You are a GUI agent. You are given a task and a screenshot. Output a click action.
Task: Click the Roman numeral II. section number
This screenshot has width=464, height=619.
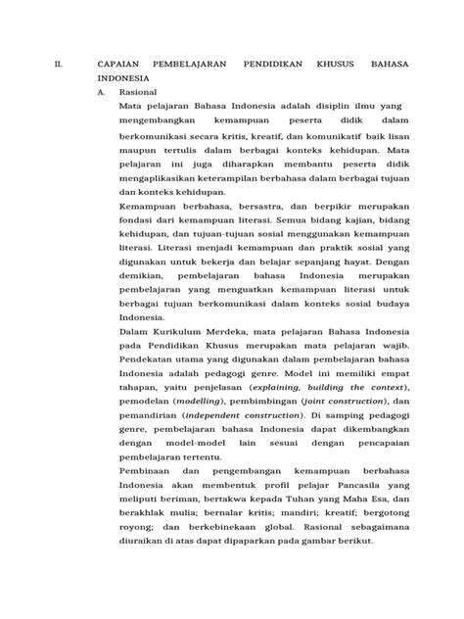coord(58,63)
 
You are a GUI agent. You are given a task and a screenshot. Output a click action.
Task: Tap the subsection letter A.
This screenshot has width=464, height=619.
coord(101,89)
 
